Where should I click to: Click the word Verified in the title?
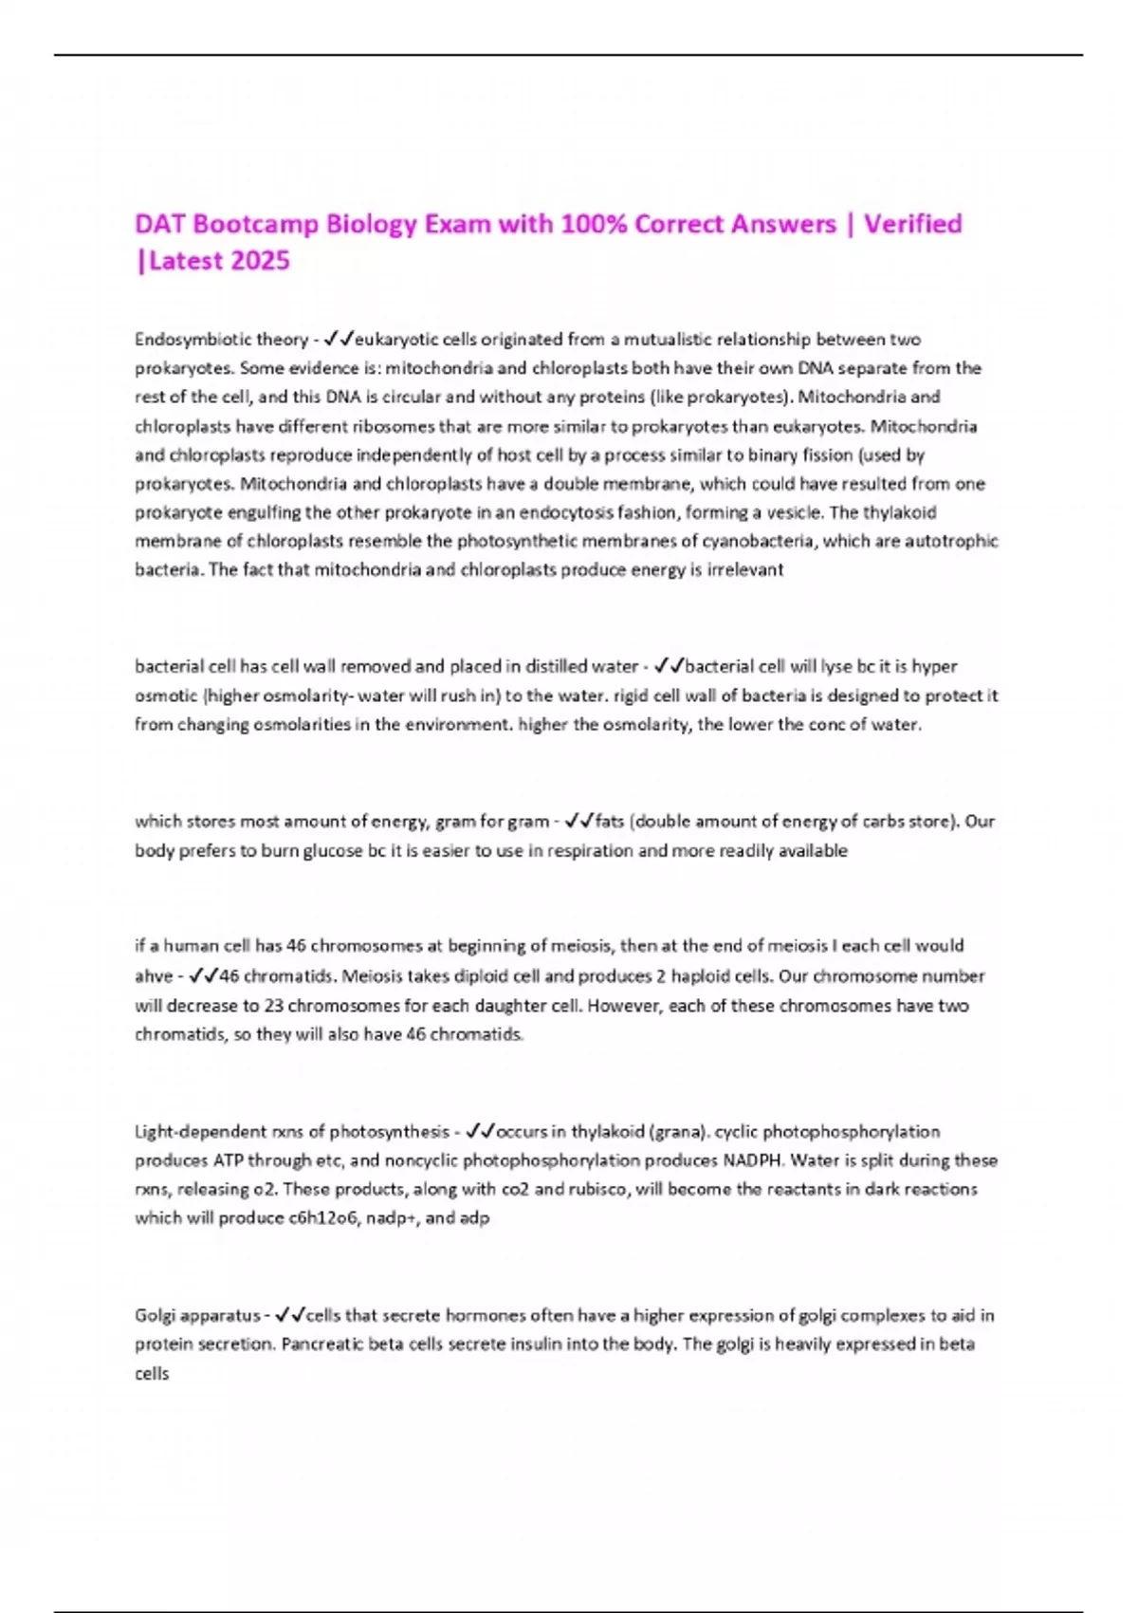(x=912, y=224)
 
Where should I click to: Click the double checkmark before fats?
(x=578, y=821)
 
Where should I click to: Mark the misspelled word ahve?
(x=154, y=975)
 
